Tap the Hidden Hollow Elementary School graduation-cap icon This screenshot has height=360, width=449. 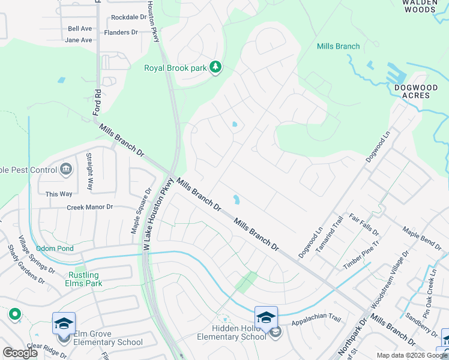coord(266,316)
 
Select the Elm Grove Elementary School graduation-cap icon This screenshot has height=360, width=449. coord(64,323)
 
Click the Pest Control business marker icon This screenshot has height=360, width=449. coord(65,170)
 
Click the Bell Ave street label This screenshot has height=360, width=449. coord(80,28)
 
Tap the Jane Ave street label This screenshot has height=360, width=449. coord(79,40)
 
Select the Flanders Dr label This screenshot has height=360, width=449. coord(121,32)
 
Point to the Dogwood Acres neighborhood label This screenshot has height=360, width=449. coord(416,91)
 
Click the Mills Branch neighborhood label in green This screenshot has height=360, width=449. coord(338,46)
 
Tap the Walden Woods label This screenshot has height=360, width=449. coord(419,6)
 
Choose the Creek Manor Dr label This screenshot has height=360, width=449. coord(89,207)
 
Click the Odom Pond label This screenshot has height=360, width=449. coord(55,248)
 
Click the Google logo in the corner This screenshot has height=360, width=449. coord(20,353)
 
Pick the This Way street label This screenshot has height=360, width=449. coord(59,194)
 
